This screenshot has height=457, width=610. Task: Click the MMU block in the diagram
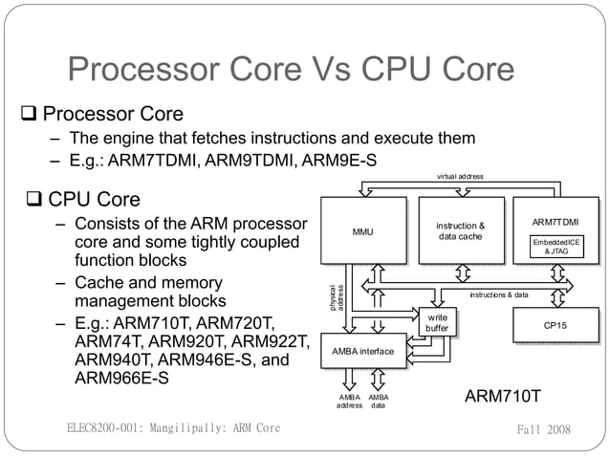[362, 230]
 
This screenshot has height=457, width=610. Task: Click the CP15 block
[556, 326]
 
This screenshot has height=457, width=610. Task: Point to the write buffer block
[437, 323]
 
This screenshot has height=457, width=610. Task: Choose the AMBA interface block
[362, 352]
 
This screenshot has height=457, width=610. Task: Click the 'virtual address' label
[460, 176]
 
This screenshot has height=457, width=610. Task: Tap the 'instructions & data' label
[498, 295]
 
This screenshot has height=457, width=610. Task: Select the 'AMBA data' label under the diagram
[379, 401]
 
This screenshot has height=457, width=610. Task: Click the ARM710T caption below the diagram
[503, 396]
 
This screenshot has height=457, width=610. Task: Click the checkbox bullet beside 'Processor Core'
[30, 116]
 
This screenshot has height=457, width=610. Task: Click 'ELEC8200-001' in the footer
[105, 428]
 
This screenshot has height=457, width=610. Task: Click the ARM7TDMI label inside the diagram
[556, 223]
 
